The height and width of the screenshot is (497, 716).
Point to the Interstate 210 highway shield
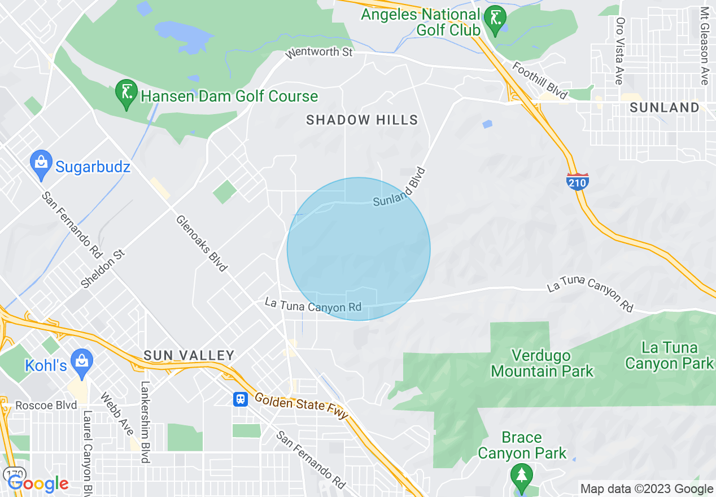(577, 181)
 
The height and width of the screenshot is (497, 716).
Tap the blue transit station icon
(241, 399)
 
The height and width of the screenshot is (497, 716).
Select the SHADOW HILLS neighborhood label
(362, 120)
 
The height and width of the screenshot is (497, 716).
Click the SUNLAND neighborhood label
(664, 107)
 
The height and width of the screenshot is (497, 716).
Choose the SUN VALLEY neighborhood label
(189, 355)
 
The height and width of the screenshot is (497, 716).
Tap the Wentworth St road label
(319, 53)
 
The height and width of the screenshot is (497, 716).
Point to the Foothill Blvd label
(539, 81)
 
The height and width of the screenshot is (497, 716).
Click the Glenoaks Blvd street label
(201, 243)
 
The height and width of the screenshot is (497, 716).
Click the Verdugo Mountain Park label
(542, 363)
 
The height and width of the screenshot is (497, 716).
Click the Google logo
(38, 483)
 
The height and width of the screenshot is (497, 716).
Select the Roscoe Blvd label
(46, 406)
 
